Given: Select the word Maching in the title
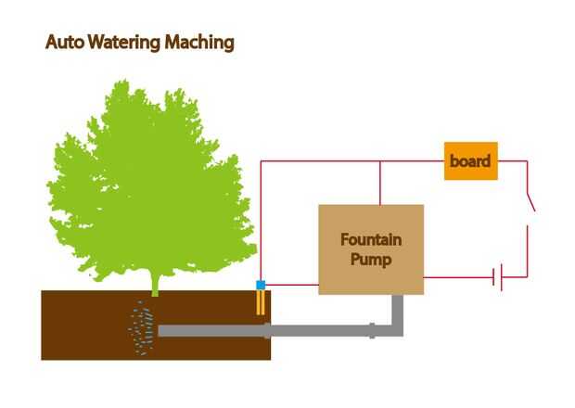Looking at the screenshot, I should coord(200,43).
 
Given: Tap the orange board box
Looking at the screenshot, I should coord(471,161).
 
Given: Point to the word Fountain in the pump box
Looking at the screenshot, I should coord(371,240).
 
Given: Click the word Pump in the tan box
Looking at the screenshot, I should coord(371,260).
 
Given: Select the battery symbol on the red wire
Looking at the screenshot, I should coord(498,276).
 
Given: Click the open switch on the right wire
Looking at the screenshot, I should coord(530,201).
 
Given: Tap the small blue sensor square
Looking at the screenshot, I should coord(262,285).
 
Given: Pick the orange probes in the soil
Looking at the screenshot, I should coord(262,302).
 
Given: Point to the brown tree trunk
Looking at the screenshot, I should coord(155,283).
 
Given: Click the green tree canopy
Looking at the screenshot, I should coord(148,176).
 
